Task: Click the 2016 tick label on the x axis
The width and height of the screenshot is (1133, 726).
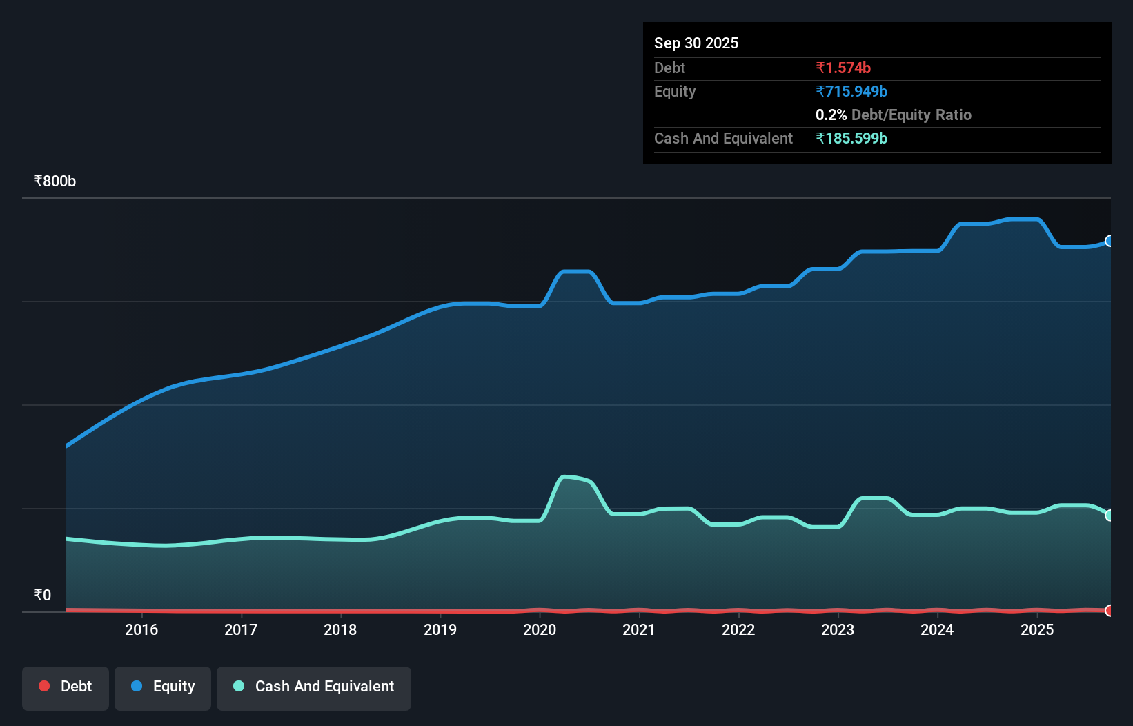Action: coord(141,629)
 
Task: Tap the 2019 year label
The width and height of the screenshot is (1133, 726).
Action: coord(440,629)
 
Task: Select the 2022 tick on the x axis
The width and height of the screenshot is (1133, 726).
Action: coord(738,629)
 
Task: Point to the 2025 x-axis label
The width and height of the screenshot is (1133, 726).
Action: coord(1037,629)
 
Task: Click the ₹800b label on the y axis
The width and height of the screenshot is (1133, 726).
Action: coord(55,181)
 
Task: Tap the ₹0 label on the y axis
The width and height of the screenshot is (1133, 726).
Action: coord(43,596)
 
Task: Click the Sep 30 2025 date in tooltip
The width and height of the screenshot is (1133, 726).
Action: coord(696,43)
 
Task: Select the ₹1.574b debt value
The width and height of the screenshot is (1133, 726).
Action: coord(843,68)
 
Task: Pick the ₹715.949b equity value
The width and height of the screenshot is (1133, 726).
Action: coord(851,92)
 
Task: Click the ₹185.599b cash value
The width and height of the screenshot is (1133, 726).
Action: coord(851,139)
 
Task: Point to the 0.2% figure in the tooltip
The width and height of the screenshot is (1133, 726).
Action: coord(831,115)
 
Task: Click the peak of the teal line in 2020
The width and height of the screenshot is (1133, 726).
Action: coord(566,477)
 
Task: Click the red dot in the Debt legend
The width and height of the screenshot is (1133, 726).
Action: coord(44,686)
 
